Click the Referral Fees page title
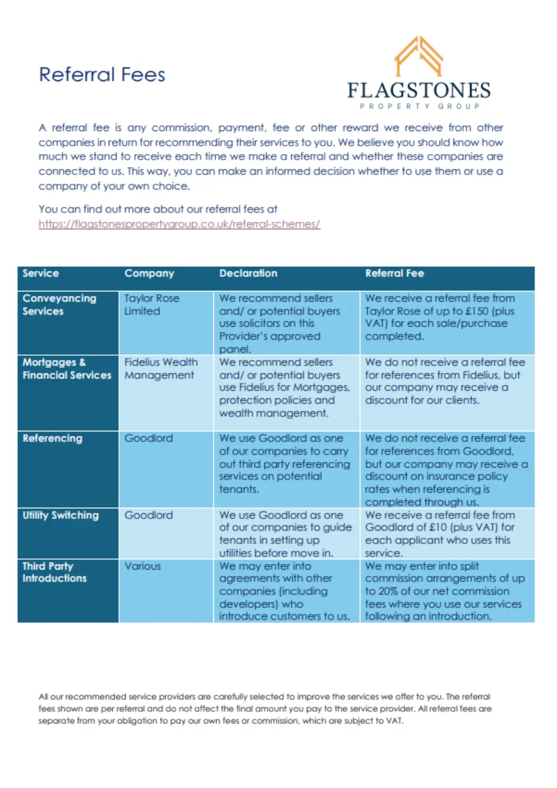pos(102,75)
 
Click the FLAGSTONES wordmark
pos(419,90)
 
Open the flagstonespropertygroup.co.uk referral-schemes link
pos(179,224)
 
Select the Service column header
pos(41,273)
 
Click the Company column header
pos(149,273)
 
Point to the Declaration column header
pos(248,273)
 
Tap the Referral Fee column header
pos(394,273)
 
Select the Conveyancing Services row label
pos(59,305)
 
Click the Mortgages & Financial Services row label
pos(67,368)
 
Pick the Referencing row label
pos(52,438)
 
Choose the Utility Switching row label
pos(60,515)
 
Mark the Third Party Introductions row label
pos(55,572)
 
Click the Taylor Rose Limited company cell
pos(152,305)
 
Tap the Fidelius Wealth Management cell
pos(160,368)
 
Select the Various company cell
pos(143,566)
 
